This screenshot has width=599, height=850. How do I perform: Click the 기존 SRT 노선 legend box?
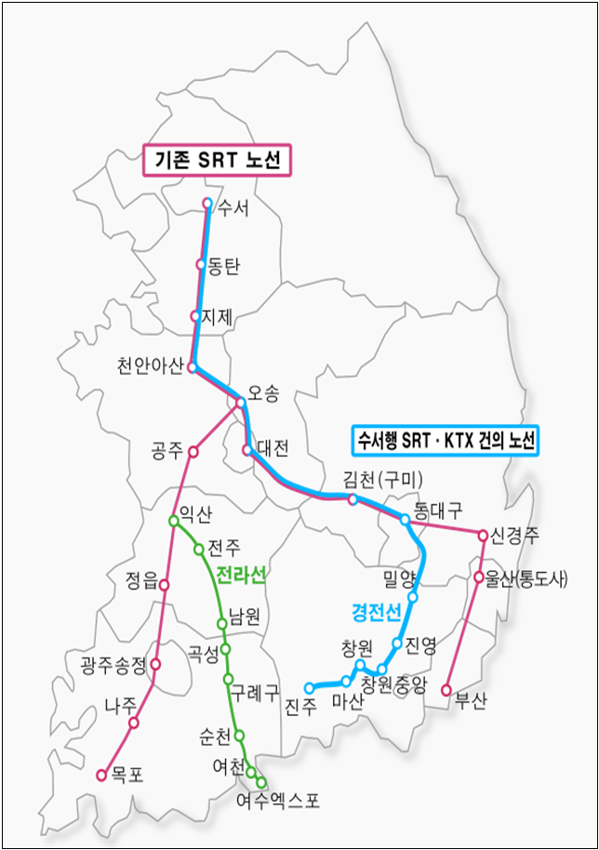(x=216, y=160)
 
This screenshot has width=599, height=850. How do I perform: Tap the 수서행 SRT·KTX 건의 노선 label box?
(x=446, y=439)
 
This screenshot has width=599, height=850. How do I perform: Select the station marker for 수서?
(x=207, y=203)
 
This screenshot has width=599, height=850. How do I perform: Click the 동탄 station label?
(x=224, y=266)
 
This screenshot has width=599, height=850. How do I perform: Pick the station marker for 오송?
(x=241, y=403)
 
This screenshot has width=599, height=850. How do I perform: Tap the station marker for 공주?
(x=193, y=451)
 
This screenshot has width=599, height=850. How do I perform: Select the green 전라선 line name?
(x=241, y=577)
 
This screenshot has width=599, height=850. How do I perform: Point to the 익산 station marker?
(x=173, y=521)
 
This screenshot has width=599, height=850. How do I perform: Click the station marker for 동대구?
(x=406, y=519)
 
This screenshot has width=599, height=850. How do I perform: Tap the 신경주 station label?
(x=515, y=536)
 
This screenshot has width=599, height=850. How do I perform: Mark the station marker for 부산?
(x=446, y=690)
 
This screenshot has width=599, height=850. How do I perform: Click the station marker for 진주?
(x=310, y=688)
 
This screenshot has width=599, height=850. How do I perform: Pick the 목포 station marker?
(x=101, y=774)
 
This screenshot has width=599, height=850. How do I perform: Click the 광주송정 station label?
(x=113, y=664)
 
